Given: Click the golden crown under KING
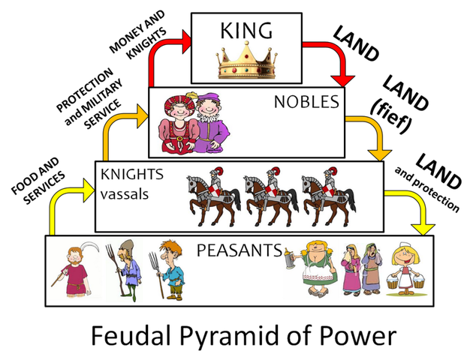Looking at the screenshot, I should (x=248, y=60).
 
